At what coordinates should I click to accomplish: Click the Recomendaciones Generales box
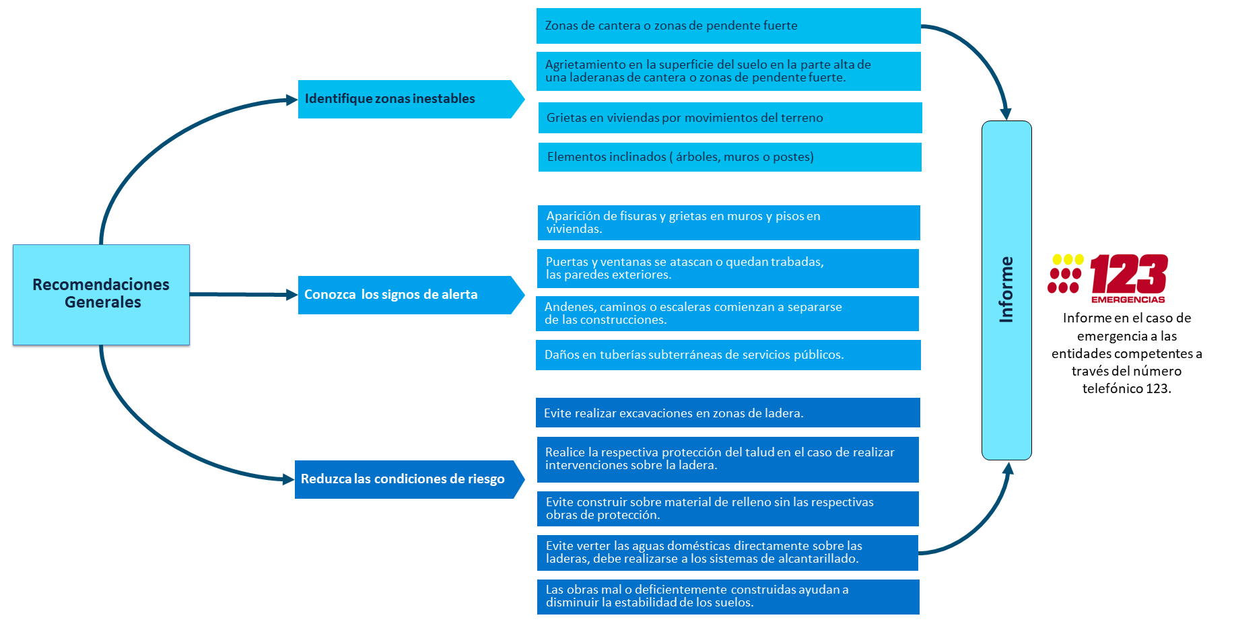tap(101, 294)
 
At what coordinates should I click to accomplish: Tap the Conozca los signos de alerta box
tap(411, 295)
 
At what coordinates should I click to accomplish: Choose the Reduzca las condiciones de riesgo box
tap(409, 479)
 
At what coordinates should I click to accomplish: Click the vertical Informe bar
tap(1006, 290)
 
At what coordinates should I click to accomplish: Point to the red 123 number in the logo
tap(1129, 274)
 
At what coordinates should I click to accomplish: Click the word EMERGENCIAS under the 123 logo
tap(1128, 300)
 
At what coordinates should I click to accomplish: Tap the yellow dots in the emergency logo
tap(1068, 259)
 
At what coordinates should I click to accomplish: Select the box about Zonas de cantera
tap(728, 26)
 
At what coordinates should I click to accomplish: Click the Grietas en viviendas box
tap(730, 118)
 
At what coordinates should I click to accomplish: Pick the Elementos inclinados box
tap(730, 157)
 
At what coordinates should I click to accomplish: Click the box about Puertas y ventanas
tap(728, 269)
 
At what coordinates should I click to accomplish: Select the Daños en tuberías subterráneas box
tap(728, 355)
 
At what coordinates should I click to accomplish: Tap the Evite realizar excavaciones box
tap(728, 413)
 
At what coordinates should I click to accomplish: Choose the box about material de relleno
tap(728, 509)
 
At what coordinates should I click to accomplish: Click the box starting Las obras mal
tap(728, 597)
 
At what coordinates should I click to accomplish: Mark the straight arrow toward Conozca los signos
tap(244, 294)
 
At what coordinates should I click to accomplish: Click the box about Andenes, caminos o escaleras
tap(727, 314)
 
